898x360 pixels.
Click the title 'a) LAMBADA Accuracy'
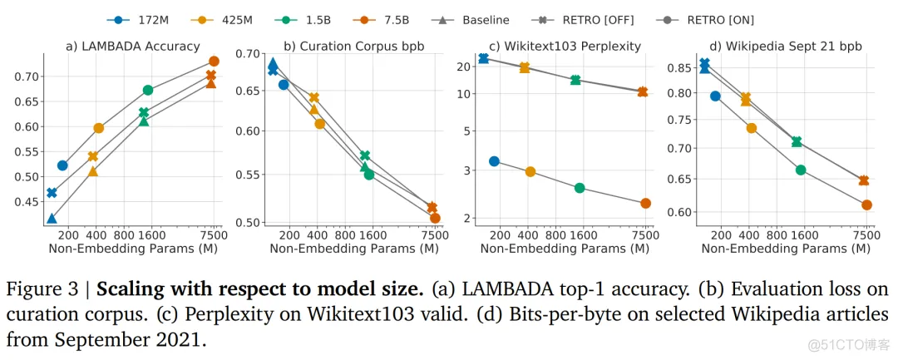[133, 47]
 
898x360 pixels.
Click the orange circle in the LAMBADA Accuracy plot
[214, 61]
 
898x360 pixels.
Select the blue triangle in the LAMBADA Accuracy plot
[52, 219]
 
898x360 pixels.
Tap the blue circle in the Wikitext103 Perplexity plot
[494, 161]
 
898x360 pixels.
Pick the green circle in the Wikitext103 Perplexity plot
[580, 188]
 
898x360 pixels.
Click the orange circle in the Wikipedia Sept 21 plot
[866, 205]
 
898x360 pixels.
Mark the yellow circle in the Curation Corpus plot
[319, 124]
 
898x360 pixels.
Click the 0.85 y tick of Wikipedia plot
[679, 67]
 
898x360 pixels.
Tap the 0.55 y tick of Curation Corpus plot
[245, 175]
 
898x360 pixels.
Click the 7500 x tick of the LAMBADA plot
[214, 235]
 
